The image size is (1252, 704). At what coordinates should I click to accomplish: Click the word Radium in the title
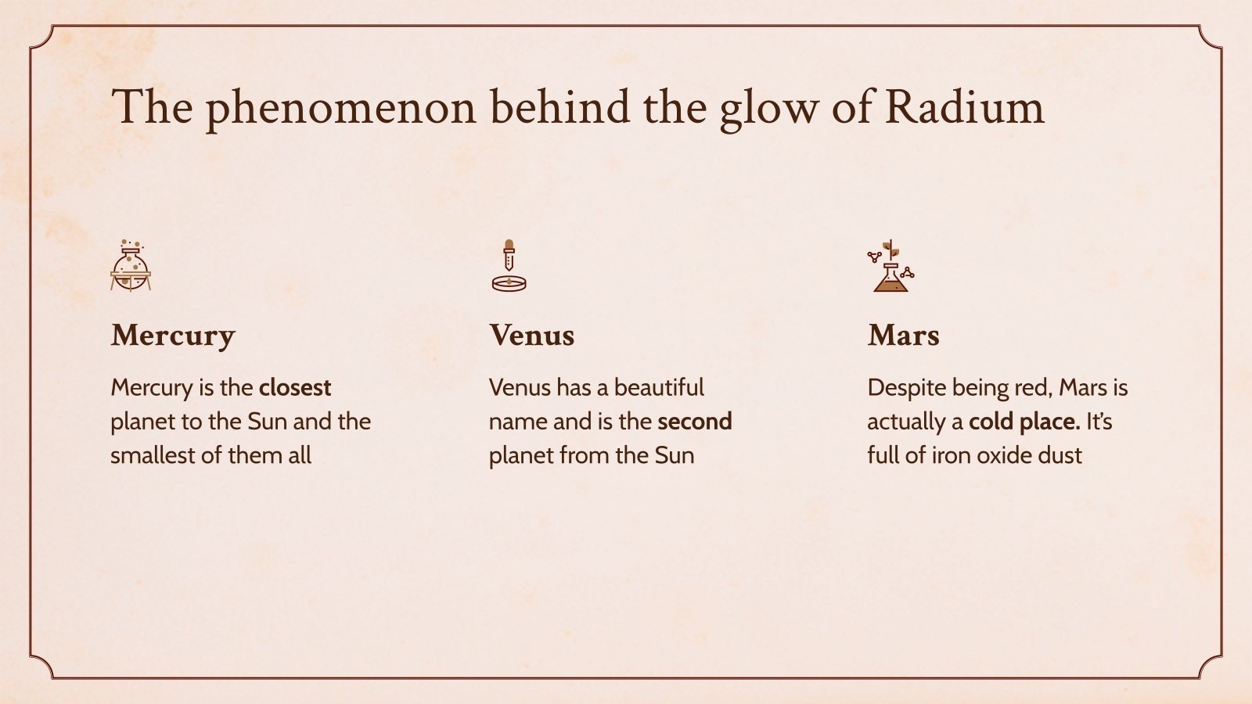(x=964, y=107)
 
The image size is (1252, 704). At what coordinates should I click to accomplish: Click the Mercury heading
(x=173, y=336)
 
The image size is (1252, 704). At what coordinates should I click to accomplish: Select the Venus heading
(x=532, y=336)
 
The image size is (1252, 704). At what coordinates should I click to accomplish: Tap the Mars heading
(x=903, y=336)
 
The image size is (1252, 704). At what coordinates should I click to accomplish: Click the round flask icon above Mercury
(x=131, y=267)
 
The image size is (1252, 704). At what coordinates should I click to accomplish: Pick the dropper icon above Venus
(x=509, y=257)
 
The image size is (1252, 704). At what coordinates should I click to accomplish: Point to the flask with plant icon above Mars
(x=890, y=267)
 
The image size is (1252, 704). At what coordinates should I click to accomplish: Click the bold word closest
(x=295, y=388)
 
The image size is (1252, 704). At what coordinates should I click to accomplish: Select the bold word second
(x=694, y=422)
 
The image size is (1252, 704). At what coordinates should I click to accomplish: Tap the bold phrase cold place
(x=1024, y=422)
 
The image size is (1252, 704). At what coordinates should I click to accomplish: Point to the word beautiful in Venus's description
(x=659, y=388)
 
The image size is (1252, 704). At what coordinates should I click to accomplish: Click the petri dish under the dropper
(x=509, y=283)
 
